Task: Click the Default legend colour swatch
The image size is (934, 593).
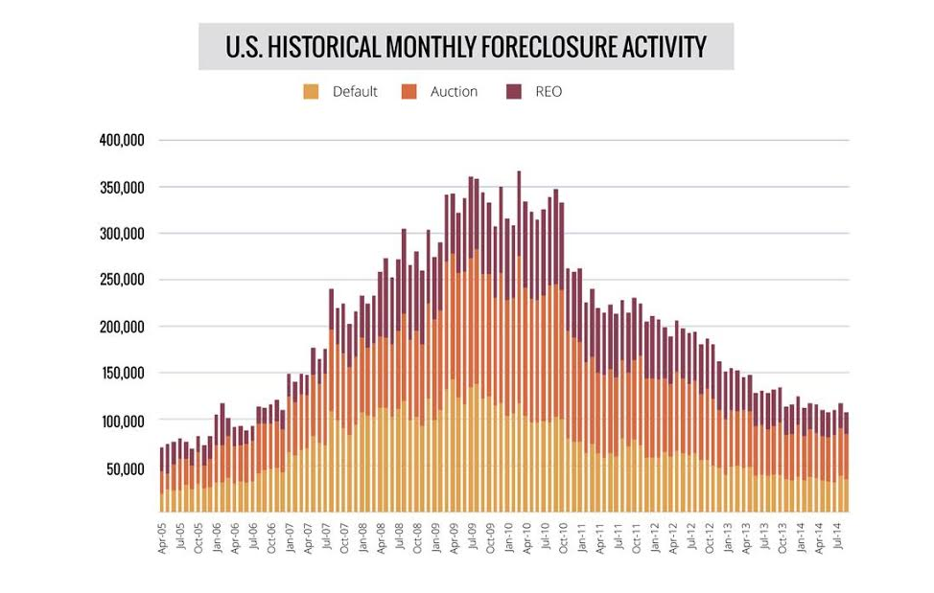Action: pos(311,92)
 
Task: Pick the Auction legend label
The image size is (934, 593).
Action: pos(454,92)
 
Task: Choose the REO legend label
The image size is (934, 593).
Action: pos(549,92)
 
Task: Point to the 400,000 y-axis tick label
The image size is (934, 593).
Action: pos(122,141)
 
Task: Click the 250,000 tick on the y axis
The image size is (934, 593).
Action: pos(122,281)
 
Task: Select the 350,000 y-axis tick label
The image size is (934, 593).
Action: pos(122,188)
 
